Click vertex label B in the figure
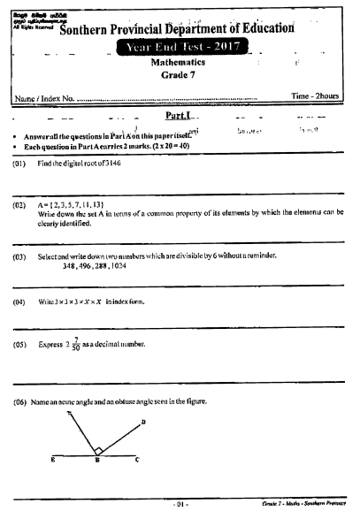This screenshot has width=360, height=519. pyautogui.click(x=96, y=461)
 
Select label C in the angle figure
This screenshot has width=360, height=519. pyautogui.click(x=135, y=461)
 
